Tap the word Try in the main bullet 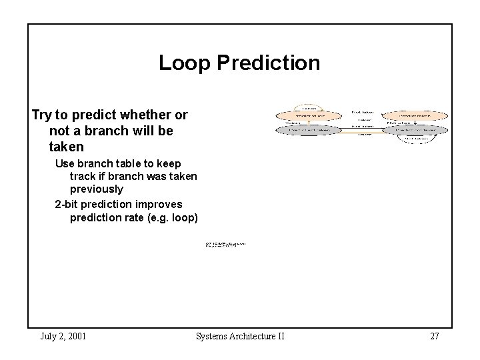coord(43,115)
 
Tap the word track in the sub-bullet coord(85,177)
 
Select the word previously coord(97,189)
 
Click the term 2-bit coord(68,204)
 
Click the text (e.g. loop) coord(175,217)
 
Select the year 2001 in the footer coord(75,336)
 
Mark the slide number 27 coord(434,336)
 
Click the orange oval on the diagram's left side coord(309,115)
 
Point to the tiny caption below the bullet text coord(225,245)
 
